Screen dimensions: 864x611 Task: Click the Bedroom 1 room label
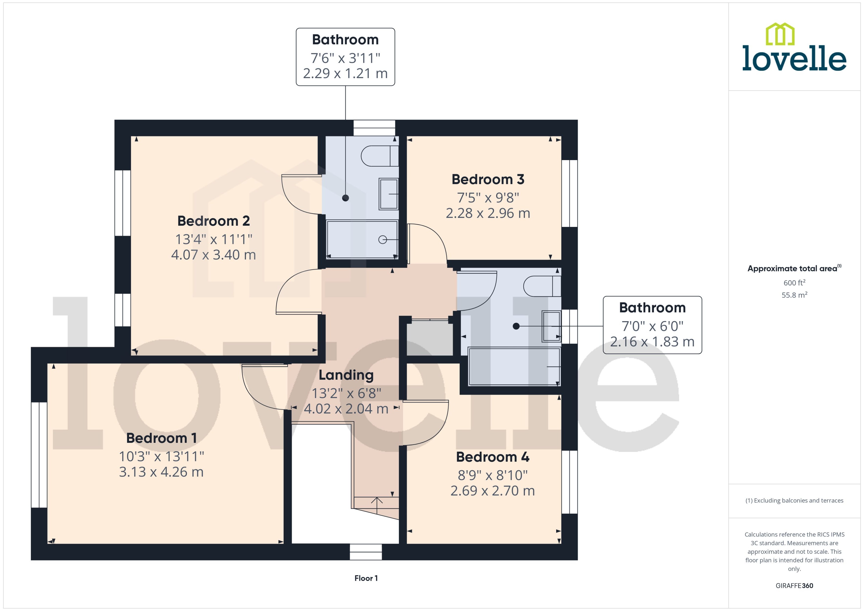(x=161, y=438)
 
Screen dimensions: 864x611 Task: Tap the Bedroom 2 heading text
(x=214, y=221)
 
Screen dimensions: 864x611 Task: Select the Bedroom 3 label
(x=488, y=180)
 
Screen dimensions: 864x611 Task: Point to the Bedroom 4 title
(x=492, y=457)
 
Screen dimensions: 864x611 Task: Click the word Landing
(x=346, y=375)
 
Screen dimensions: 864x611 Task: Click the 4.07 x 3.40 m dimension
(x=214, y=255)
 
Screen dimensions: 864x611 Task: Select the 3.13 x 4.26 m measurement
(x=161, y=472)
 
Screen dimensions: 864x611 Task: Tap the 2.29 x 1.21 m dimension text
(x=345, y=73)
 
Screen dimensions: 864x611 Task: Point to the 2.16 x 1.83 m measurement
(x=652, y=342)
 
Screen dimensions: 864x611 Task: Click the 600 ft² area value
(x=794, y=282)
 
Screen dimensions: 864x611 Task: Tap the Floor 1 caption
(x=366, y=578)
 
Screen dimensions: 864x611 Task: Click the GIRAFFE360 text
(x=794, y=586)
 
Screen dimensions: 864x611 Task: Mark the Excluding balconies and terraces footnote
(x=794, y=500)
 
